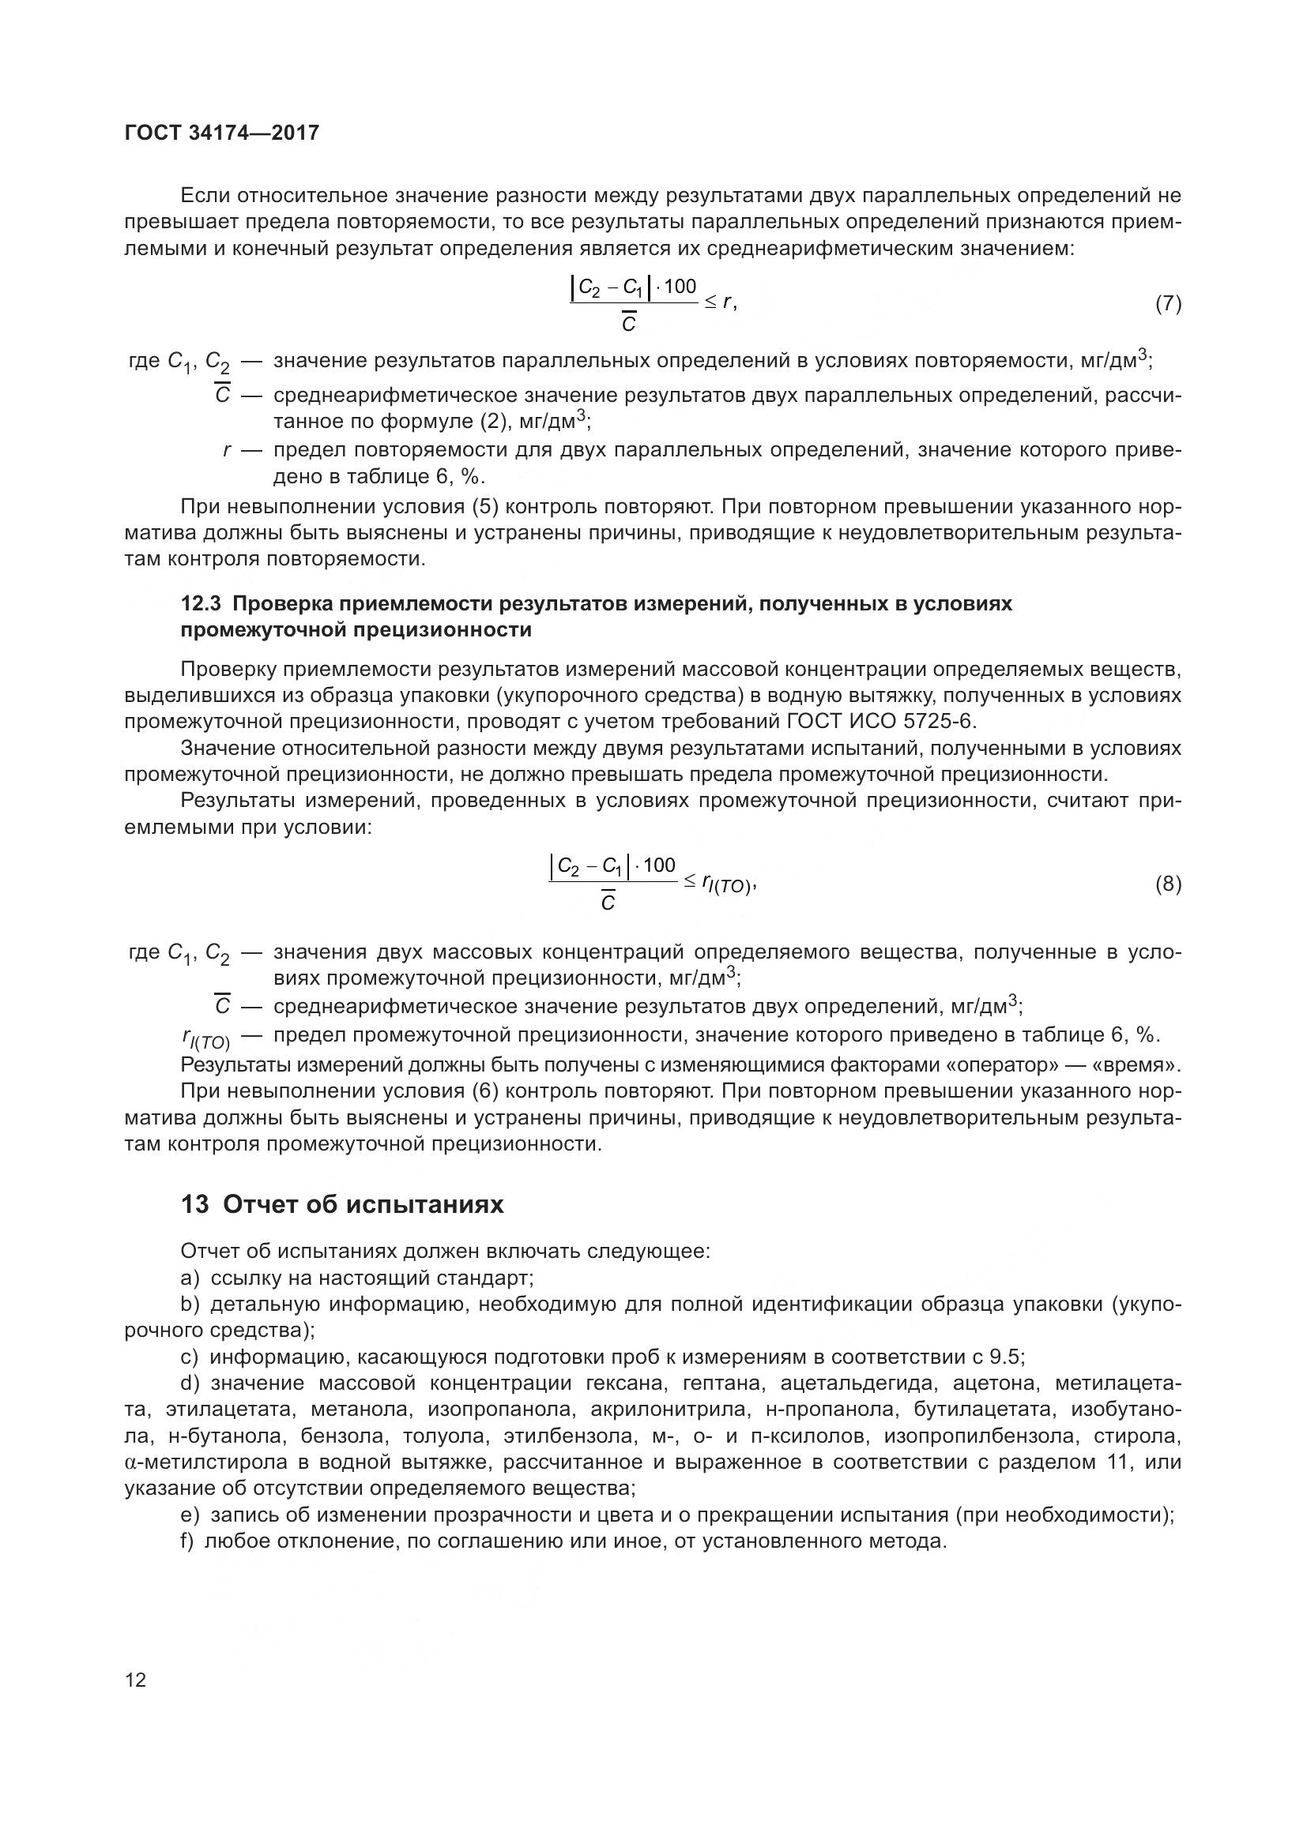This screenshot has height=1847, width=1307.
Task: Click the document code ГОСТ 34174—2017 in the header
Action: (222, 133)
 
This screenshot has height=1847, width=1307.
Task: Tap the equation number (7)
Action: (1168, 303)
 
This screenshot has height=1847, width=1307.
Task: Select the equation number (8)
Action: (1168, 884)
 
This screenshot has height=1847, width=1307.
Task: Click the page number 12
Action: (136, 1680)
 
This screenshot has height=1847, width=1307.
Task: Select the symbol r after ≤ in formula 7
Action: (727, 302)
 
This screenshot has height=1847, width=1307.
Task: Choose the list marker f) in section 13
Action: (187, 1541)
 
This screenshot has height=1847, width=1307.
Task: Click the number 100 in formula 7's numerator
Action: (680, 287)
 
